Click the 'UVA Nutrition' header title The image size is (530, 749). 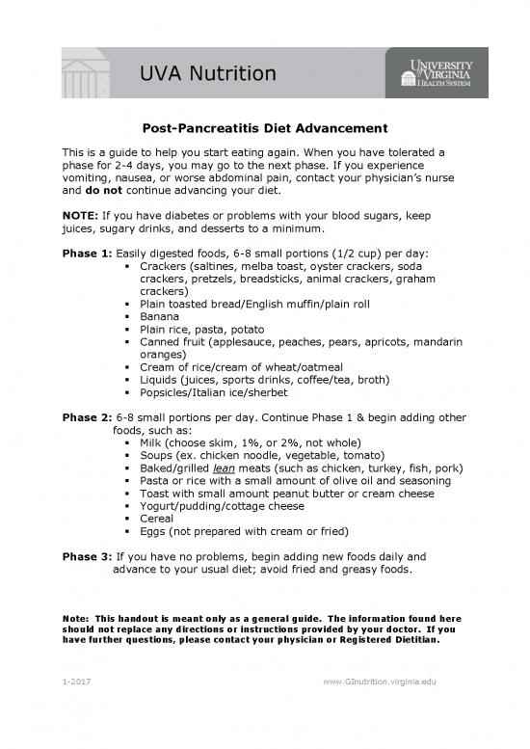[x=207, y=73]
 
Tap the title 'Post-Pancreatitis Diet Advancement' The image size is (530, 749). [x=264, y=128]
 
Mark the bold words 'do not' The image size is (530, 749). [x=103, y=190]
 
